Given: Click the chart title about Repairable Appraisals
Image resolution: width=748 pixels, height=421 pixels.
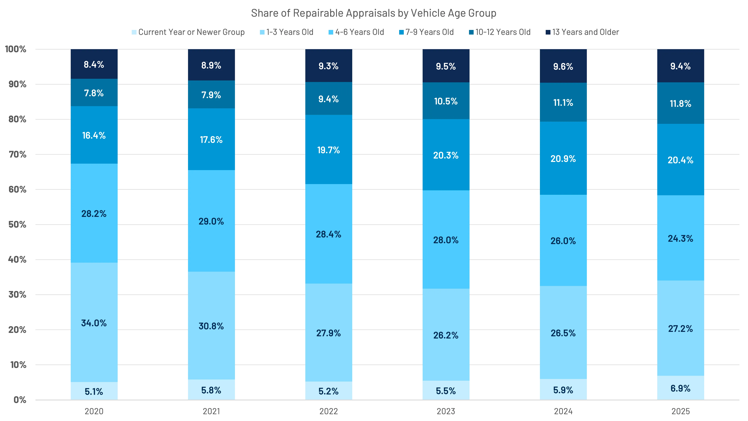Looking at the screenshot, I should pos(373,13).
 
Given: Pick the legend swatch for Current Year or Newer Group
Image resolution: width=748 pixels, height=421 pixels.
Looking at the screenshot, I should pos(134,32).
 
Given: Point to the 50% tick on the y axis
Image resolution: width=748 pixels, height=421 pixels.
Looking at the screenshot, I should pos(17,225).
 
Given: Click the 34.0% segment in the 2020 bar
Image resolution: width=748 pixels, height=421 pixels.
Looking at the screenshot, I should pos(94,323).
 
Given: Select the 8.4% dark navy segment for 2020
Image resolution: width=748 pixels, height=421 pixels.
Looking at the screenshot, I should pos(94,64).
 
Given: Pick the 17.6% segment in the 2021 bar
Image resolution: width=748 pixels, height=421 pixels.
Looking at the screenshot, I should pos(211,139).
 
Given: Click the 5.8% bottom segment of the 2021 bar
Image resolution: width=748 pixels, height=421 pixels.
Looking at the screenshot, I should pos(211,390).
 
